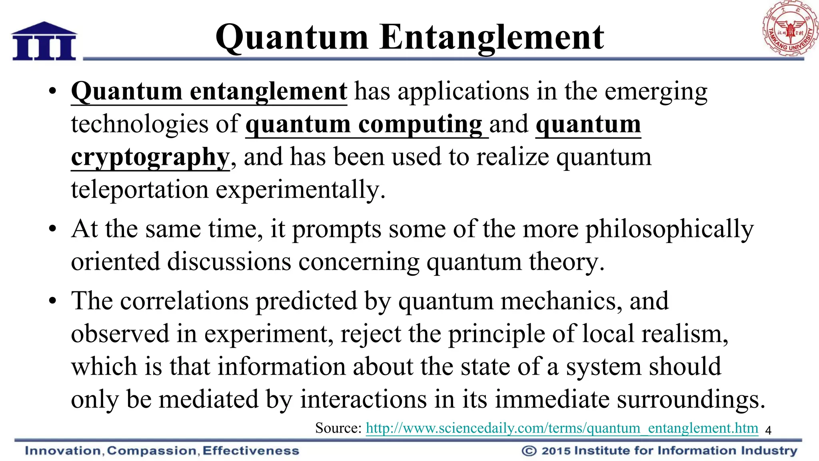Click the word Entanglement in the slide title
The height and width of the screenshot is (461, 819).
pyautogui.click(x=491, y=37)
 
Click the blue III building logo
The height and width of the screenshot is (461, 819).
pyautogui.click(x=44, y=42)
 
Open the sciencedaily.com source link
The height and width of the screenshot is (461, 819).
pyautogui.click(x=562, y=428)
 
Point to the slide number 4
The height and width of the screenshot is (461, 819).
pyautogui.click(x=768, y=431)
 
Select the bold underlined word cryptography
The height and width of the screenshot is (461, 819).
pyautogui.click(x=150, y=157)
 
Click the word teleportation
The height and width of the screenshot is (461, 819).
pyautogui.click(x=140, y=190)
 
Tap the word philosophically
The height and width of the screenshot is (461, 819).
pyautogui.click(x=669, y=230)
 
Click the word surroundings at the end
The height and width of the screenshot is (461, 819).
pyautogui.click(x=690, y=400)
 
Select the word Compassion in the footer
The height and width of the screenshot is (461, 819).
pyautogui.click(x=152, y=451)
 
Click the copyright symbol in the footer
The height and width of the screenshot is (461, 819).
pyautogui.click(x=529, y=451)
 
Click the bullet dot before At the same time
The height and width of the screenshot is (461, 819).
pyautogui.click(x=52, y=229)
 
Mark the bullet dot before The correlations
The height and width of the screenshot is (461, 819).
pyautogui.click(x=52, y=301)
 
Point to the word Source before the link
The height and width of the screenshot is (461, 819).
pyautogui.click(x=338, y=428)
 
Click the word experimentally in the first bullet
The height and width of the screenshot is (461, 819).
pyautogui.click(x=300, y=190)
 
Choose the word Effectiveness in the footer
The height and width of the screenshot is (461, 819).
pyautogui.click(x=251, y=451)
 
